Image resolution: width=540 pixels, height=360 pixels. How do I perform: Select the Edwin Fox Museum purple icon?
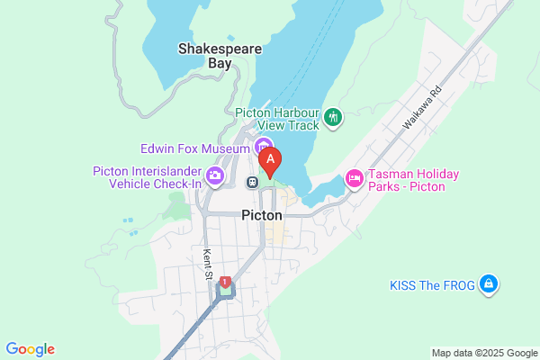[263, 147]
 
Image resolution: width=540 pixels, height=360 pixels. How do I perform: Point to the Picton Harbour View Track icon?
[334, 116]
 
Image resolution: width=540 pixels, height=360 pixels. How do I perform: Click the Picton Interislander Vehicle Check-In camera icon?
[215, 175]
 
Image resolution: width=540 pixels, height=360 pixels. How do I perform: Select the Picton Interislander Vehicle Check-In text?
[148, 177]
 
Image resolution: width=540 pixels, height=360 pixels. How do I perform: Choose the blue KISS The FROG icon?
[488, 284]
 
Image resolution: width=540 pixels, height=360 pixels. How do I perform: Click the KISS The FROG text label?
[432, 285]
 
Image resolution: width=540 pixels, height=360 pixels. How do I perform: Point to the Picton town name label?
[262, 216]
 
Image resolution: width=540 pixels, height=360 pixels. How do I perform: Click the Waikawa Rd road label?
[422, 105]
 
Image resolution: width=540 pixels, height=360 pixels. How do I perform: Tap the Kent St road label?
[208, 263]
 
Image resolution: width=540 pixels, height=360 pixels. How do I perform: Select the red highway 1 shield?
[224, 282]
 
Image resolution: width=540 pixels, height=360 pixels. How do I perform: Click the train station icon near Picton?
[254, 182]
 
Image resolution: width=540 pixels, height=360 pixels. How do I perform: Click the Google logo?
[30, 349]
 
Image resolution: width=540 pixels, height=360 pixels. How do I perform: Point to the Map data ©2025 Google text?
[482, 352]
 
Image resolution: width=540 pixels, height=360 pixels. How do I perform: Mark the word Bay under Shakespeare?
[219, 64]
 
